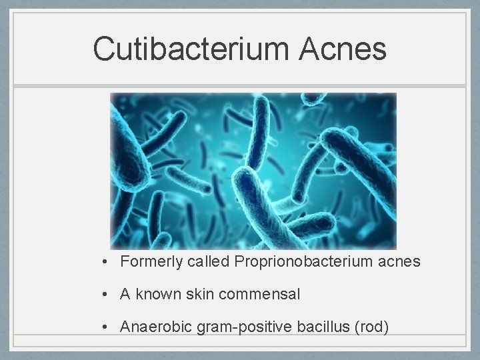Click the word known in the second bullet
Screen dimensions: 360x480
156,294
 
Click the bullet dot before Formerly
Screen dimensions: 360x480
106,262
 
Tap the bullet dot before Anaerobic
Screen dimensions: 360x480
106,327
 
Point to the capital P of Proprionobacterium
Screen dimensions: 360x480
239,262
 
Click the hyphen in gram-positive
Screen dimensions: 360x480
221,327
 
